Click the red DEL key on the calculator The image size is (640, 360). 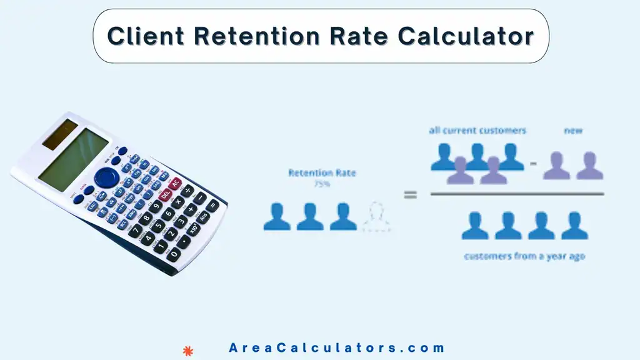166,194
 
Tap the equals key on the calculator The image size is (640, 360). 213,205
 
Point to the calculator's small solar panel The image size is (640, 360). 61,134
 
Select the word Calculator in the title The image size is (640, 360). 466,36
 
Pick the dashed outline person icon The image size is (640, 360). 377,216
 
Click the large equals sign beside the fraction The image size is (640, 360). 410,195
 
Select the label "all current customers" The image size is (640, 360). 477,131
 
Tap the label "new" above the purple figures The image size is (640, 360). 573,131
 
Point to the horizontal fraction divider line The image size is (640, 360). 517,194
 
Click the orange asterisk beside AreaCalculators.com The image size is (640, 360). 186,349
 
